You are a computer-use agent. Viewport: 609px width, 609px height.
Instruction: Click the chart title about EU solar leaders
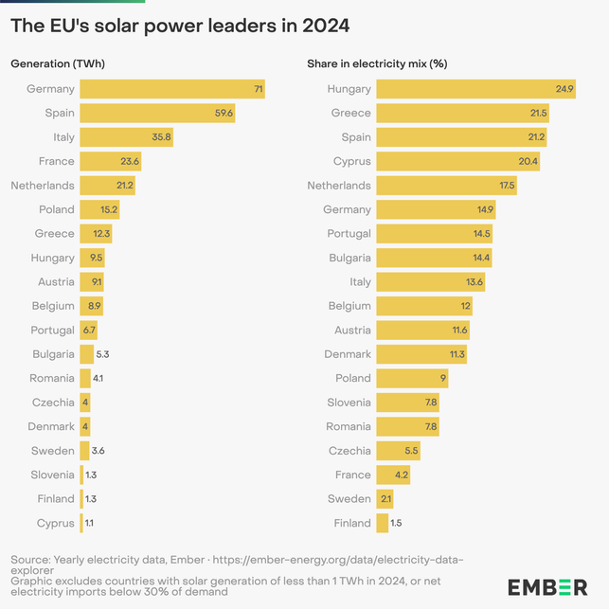coord(180,26)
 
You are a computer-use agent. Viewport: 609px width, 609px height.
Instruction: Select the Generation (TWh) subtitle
coord(57,64)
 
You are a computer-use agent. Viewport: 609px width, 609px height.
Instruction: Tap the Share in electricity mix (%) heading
coord(377,64)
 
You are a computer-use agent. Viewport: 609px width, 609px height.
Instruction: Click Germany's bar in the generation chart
coord(170,89)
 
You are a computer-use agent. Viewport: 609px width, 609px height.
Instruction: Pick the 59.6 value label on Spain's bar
coord(224,114)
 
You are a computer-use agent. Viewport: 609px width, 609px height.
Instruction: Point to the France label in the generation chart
coord(57,162)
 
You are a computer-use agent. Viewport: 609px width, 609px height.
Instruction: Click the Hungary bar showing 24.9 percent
coord(474,89)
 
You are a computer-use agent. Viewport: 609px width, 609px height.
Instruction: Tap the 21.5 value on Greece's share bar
coord(536,114)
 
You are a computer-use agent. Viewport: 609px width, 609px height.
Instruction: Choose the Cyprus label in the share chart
coord(351,162)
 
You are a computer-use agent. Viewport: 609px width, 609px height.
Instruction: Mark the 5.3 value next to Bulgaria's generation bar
coord(103,354)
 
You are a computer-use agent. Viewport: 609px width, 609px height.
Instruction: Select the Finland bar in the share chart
coord(382,523)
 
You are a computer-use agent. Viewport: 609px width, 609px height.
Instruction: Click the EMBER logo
coord(547,587)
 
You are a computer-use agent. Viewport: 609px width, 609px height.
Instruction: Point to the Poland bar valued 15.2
coord(99,209)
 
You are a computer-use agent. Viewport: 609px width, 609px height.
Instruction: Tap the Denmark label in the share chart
coord(347,354)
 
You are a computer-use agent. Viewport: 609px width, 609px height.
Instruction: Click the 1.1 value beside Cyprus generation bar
coord(89,523)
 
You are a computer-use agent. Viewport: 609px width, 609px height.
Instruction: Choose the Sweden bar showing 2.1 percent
coord(384,499)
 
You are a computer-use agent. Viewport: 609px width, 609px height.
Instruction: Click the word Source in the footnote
coord(29,561)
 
